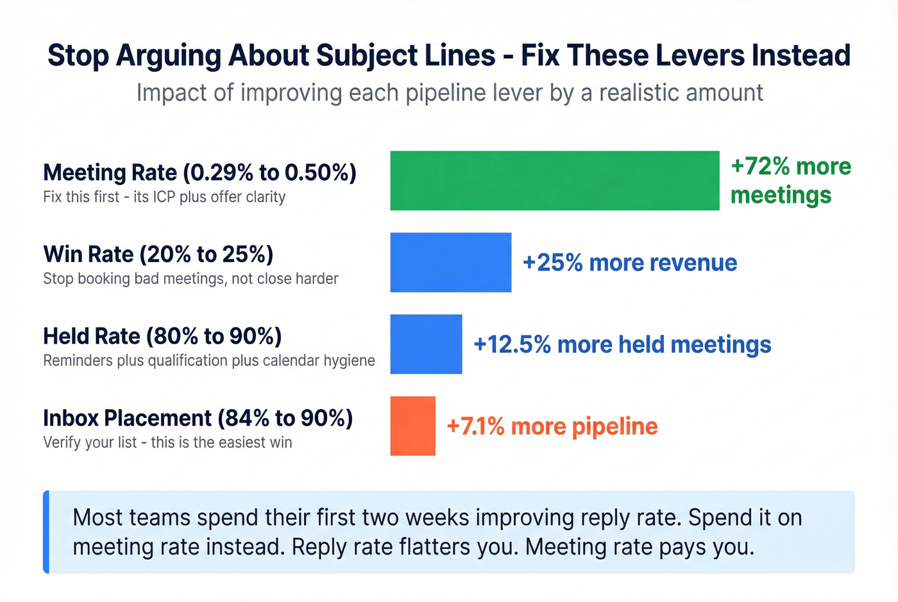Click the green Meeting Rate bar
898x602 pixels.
click(x=554, y=180)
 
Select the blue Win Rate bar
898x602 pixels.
click(x=450, y=262)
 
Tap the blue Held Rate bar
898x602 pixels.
click(x=426, y=344)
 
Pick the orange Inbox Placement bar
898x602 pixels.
click(x=412, y=426)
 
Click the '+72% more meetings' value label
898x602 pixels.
click(x=790, y=180)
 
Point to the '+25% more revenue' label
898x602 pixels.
click(x=630, y=263)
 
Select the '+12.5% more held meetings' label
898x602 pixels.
click(x=622, y=345)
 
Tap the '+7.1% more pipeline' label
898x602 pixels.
click(x=552, y=426)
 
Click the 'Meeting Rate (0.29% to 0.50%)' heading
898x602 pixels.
click(x=199, y=172)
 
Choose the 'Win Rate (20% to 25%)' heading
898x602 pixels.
click(x=158, y=255)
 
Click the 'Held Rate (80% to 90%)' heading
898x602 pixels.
click(x=162, y=337)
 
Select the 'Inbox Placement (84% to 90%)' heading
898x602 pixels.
click(x=198, y=418)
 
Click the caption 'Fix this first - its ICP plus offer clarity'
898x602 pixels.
click(x=164, y=197)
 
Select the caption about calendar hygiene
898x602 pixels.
click(x=209, y=360)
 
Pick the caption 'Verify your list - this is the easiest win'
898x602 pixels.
click(x=167, y=442)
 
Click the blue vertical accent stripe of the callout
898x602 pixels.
click(x=46, y=531)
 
